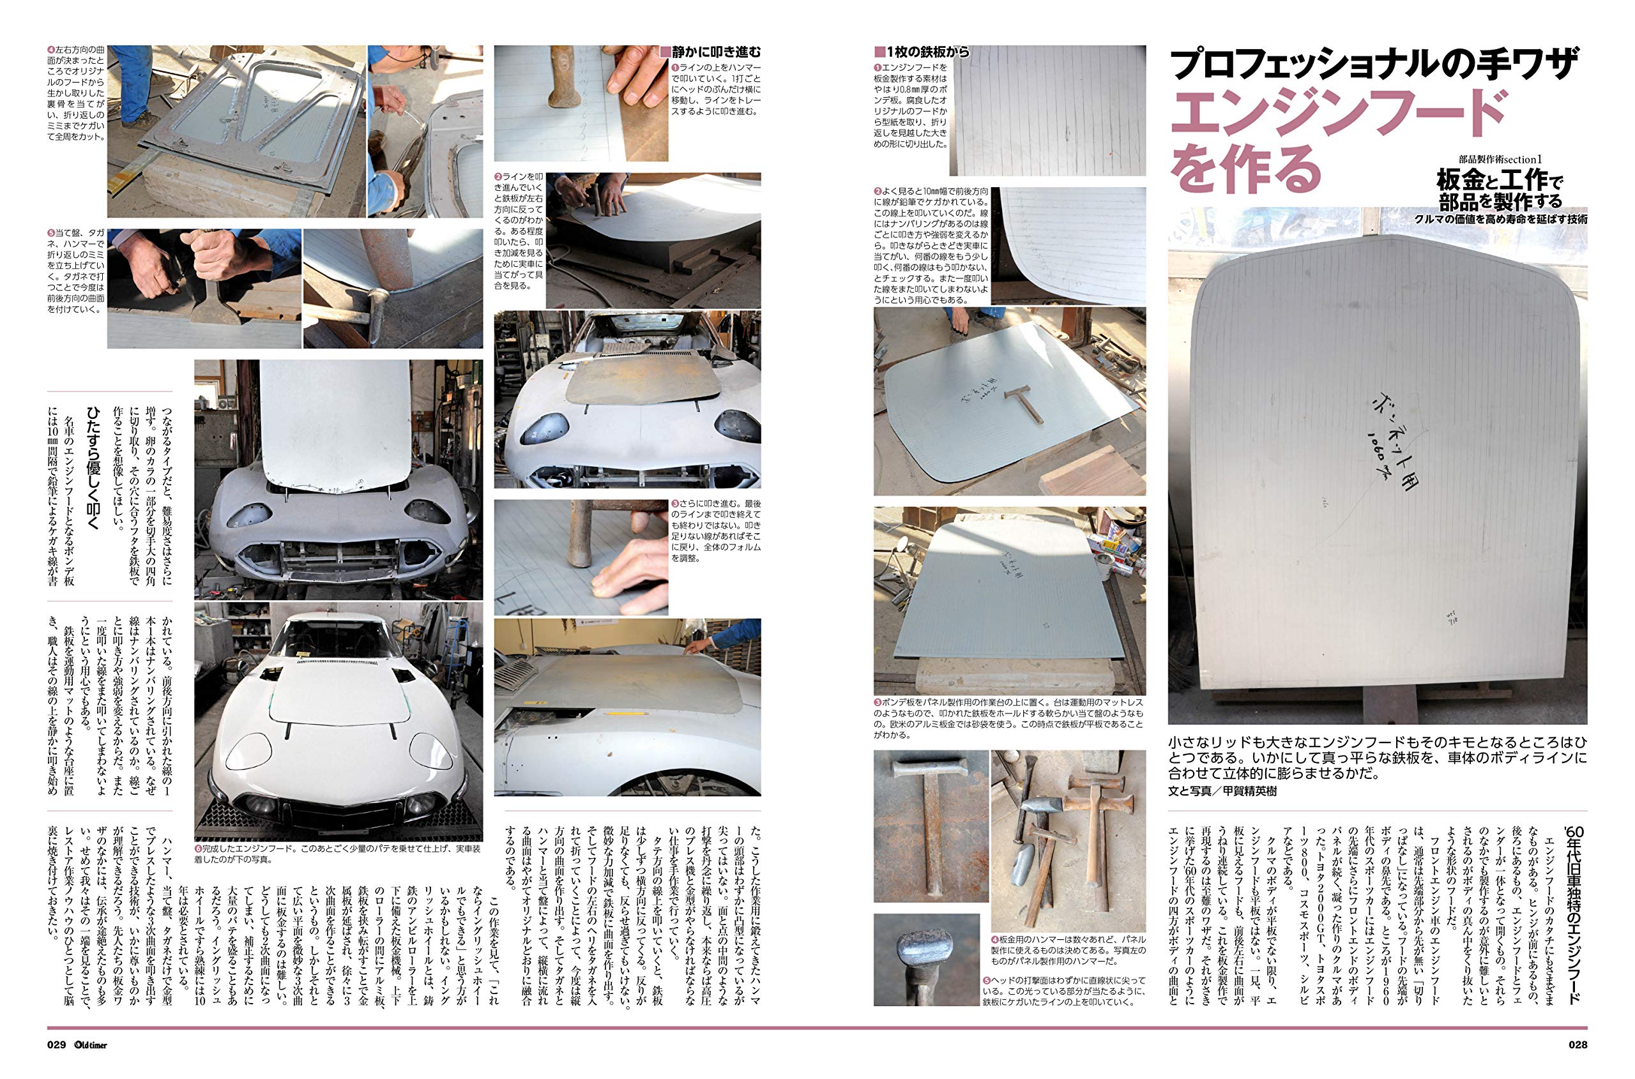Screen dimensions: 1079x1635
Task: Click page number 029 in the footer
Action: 57,1045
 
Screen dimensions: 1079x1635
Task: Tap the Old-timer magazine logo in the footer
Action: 91,1045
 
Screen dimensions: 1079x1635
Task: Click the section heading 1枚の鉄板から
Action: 922,52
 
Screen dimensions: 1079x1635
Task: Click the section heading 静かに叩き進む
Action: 710,52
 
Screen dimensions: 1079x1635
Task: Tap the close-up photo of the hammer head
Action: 925,960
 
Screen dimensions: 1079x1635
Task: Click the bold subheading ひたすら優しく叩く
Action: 91,468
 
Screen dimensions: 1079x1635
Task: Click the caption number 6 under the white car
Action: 199,850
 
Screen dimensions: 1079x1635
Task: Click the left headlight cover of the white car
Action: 249,750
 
